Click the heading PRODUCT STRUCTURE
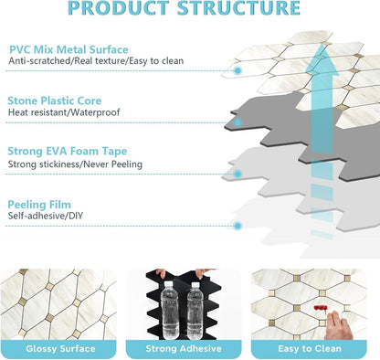tap(184, 8)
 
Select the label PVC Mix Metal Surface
tap(69, 49)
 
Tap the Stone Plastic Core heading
tap(55, 101)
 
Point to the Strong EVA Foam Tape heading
tap(68, 151)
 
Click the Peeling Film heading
tap(39, 205)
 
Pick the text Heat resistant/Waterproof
tap(64, 112)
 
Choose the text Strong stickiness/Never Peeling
tap(75, 164)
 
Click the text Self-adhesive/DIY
tap(46, 216)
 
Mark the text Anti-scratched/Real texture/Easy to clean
tap(96, 61)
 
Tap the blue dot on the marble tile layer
tap(237, 70)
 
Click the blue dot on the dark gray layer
tap(237, 122)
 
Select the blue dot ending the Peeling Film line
tap(237, 226)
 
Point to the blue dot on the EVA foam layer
tap(237, 175)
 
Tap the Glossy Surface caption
tap(60, 349)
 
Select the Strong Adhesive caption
tap(184, 349)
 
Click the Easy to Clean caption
tap(310, 349)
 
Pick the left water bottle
tap(170, 311)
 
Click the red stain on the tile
tap(321, 309)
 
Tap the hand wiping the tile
tap(339, 325)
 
